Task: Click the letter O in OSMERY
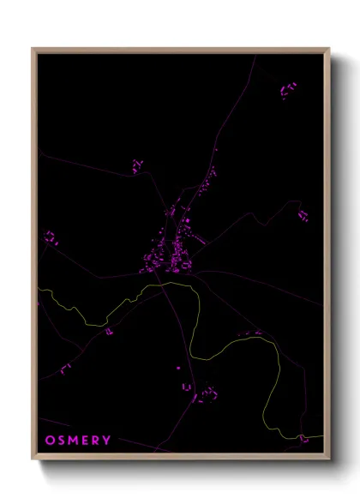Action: point(50,441)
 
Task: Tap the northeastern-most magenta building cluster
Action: point(288,89)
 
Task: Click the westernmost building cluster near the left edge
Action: point(51,237)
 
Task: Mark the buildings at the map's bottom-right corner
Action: point(303,439)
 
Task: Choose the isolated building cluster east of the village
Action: point(303,214)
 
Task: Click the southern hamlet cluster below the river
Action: point(206,394)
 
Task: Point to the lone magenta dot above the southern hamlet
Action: point(178,368)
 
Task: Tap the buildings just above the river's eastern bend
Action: point(252,333)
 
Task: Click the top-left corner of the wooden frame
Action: point(33,49)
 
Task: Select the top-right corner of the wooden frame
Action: point(328,49)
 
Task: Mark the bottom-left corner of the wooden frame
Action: point(33,460)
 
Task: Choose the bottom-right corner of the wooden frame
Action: point(328,460)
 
